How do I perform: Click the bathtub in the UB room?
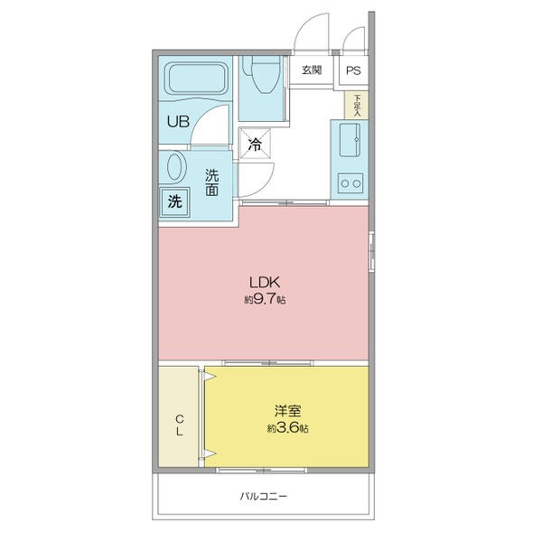pyautogui.click(x=196, y=78)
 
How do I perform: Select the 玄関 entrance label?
pyautogui.click(x=312, y=70)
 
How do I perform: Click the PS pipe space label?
pyautogui.click(x=353, y=70)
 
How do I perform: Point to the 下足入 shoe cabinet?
pyautogui.click(x=356, y=105)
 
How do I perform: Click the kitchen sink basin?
pyautogui.click(x=350, y=140)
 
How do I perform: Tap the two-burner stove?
pyautogui.click(x=350, y=183)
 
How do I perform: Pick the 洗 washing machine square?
pyautogui.click(x=175, y=202)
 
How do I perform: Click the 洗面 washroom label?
pyautogui.click(x=212, y=182)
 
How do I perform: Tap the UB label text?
pyautogui.click(x=178, y=121)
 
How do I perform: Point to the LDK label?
pyautogui.click(x=265, y=283)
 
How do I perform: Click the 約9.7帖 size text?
pyautogui.click(x=265, y=299)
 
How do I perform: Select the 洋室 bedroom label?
pyautogui.click(x=287, y=411)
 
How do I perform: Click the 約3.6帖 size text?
pyautogui.click(x=288, y=428)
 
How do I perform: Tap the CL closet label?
pyautogui.click(x=180, y=425)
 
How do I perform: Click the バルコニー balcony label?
pyautogui.click(x=264, y=497)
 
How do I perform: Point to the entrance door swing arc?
pyautogui.click(x=304, y=26)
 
